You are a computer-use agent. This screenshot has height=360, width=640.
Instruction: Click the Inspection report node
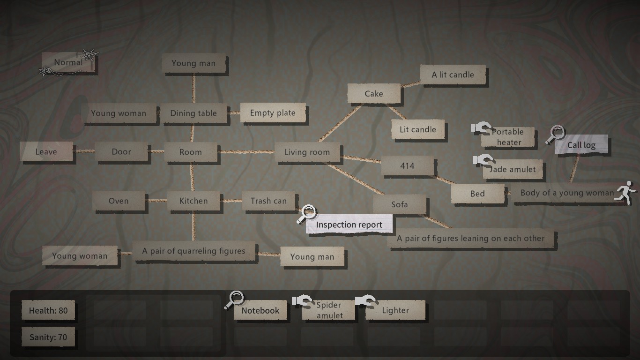pyautogui.click(x=349, y=225)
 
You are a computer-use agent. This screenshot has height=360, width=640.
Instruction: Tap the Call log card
pyautogui.click(x=581, y=145)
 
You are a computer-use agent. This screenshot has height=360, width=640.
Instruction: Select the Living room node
pyautogui.click(x=307, y=152)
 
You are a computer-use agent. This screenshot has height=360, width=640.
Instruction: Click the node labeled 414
pyautogui.click(x=407, y=166)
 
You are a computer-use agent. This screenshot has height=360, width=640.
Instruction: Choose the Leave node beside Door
pyautogui.click(x=46, y=152)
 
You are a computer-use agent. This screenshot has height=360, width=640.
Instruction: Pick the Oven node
pyautogui.click(x=119, y=201)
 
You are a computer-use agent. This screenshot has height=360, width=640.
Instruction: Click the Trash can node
pyautogui.click(x=268, y=201)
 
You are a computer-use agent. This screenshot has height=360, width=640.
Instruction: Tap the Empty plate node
pyautogui.click(x=273, y=113)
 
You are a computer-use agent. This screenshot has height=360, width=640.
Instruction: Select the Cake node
pyautogui.click(x=374, y=94)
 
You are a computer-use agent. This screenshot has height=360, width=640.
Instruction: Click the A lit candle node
pyautogui.click(x=453, y=75)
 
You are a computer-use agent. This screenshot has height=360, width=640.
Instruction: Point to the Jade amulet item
pyautogui.click(x=513, y=170)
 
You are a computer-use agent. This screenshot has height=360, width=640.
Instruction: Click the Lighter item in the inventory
pyautogui.click(x=395, y=310)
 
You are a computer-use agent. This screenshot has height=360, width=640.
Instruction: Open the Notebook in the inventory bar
pyautogui.click(x=260, y=310)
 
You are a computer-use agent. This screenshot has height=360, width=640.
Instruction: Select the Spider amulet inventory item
pyautogui.click(x=329, y=310)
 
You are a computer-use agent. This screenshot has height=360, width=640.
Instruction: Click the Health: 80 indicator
pyautogui.click(x=48, y=310)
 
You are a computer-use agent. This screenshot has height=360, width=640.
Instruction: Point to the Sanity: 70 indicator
pyautogui.click(x=48, y=337)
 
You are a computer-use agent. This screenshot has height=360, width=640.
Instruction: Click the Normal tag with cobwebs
pyautogui.click(x=68, y=63)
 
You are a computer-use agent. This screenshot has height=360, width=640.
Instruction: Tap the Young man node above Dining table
pyautogui.click(x=193, y=64)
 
